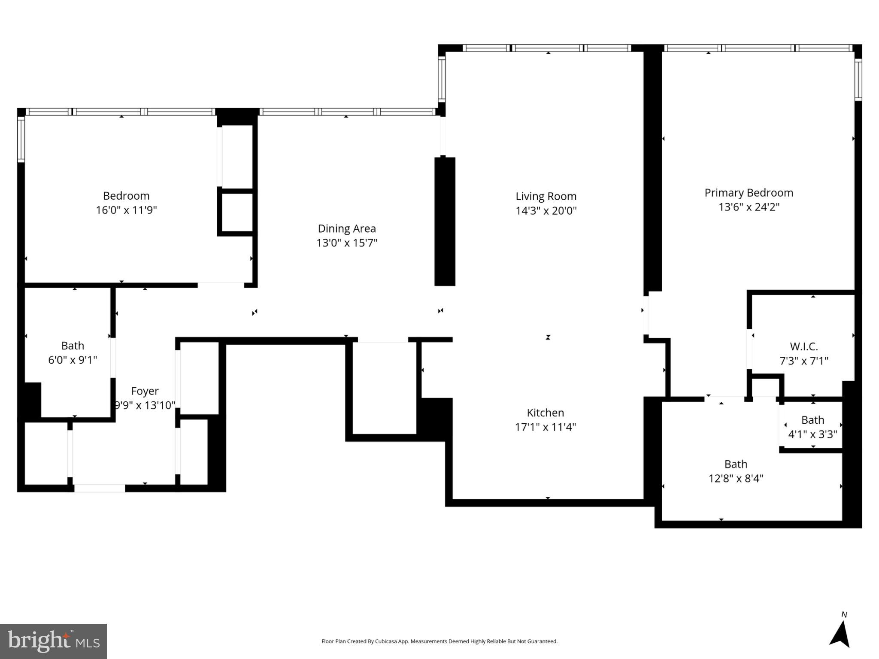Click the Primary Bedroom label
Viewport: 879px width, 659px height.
(749, 193)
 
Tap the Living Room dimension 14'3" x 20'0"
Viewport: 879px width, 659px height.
(546, 211)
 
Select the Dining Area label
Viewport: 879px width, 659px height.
(347, 228)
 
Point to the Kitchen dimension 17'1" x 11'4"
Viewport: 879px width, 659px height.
(545, 427)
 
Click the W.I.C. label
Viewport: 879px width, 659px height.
(803, 346)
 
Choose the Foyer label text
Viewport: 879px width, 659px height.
(145, 391)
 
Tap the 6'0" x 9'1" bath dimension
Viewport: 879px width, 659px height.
(73, 360)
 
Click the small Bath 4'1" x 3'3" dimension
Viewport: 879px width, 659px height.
(812, 434)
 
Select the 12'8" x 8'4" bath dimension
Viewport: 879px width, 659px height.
(736, 478)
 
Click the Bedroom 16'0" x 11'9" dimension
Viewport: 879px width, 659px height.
(126, 210)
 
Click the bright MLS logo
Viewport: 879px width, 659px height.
(53, 641)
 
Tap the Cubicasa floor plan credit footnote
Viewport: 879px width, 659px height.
(439, 641)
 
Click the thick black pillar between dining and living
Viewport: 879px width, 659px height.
(445, 221)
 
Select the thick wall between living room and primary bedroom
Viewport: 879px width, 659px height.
(653, 172)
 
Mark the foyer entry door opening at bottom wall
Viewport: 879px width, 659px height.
(100, 488)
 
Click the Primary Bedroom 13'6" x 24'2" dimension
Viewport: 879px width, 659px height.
(749, 207)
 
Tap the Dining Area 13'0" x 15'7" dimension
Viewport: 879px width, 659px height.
(347, 243)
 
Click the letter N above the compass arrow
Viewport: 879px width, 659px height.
(844, 615)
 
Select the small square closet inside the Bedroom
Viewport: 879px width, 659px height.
(237, 212)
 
